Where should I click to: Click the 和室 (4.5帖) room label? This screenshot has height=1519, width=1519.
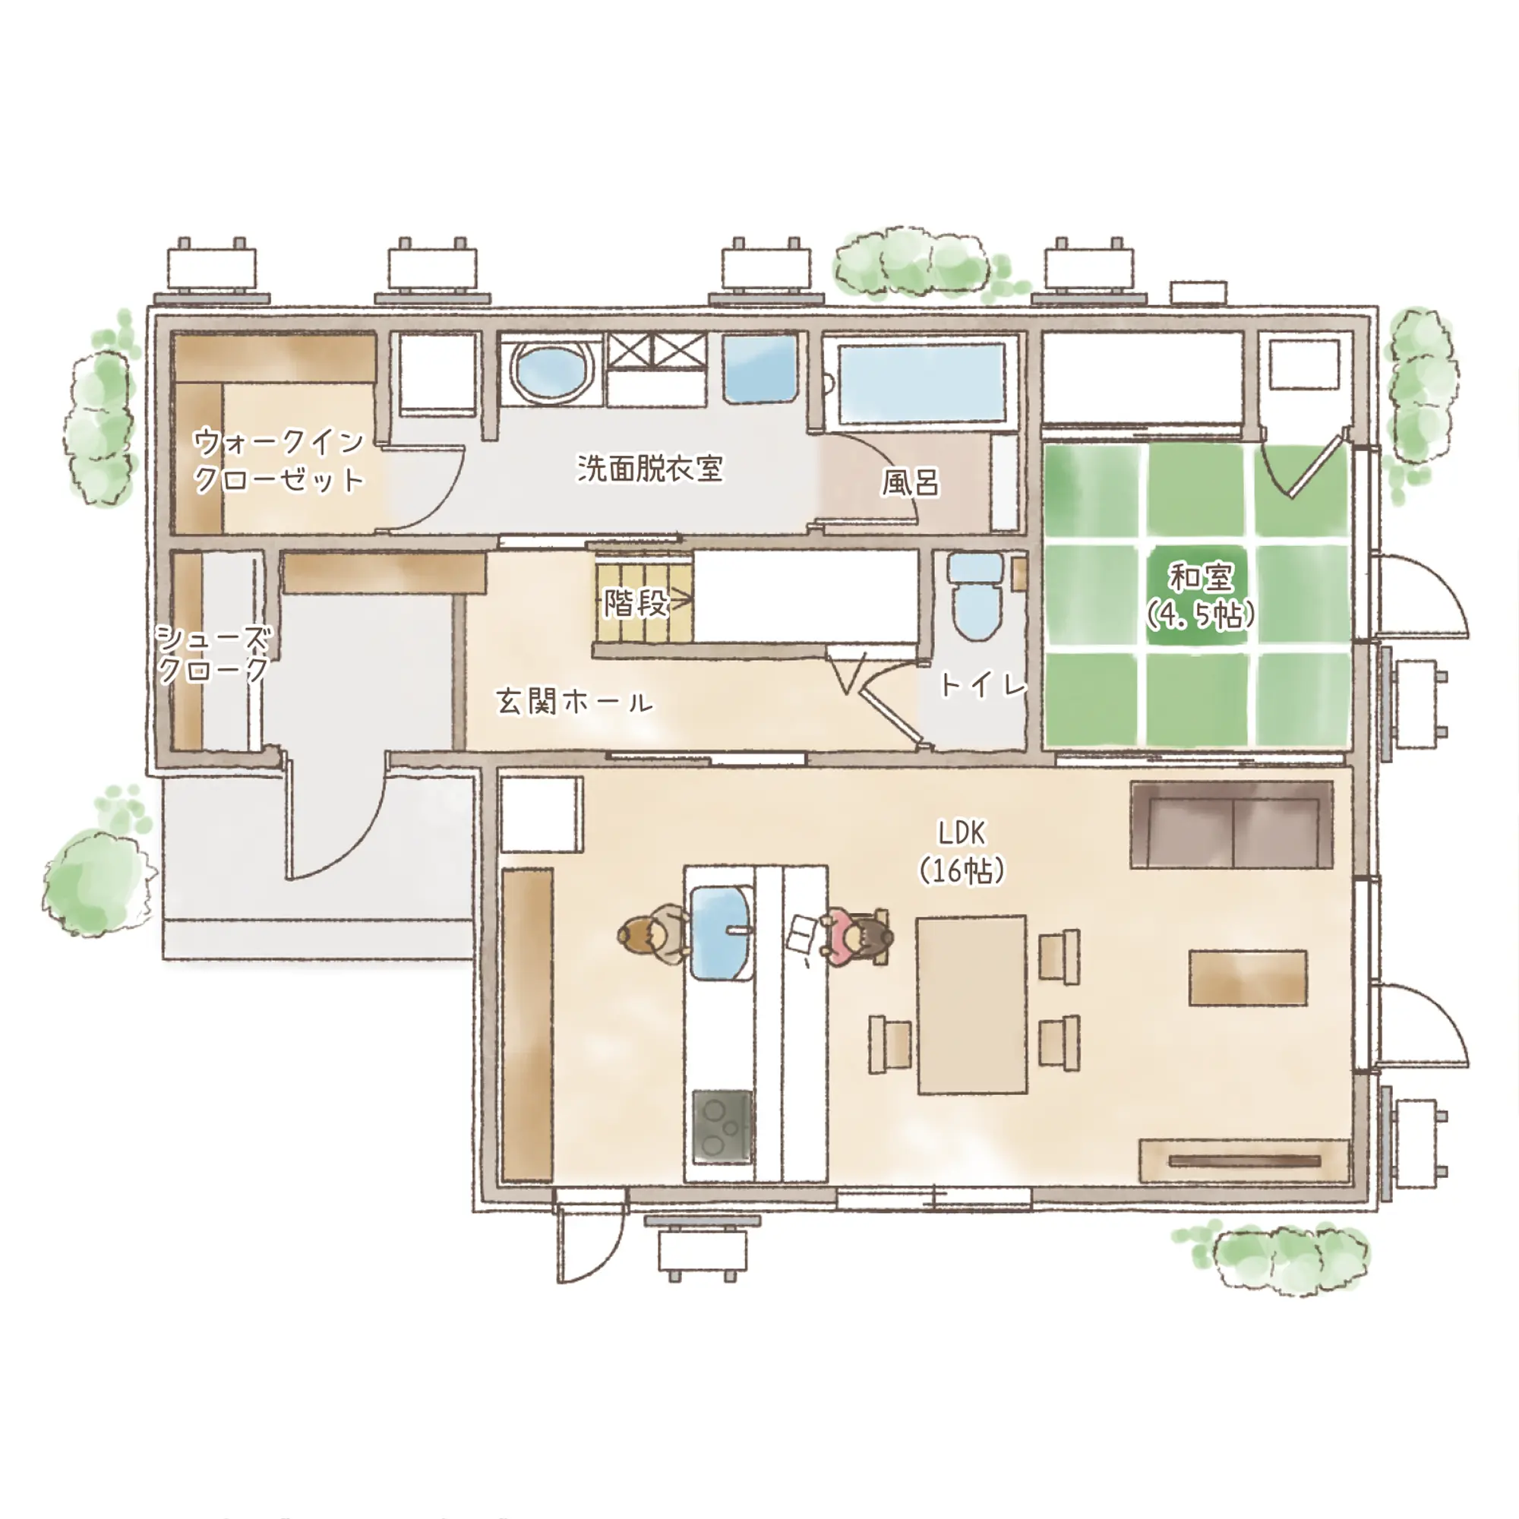point(1200,595)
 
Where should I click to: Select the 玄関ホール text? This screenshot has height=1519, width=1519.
point(574,701)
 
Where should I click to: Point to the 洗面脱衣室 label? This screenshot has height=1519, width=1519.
point(649,468)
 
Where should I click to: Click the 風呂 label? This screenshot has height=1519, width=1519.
point(910,482)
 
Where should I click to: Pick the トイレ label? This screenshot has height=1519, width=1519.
point(983,686)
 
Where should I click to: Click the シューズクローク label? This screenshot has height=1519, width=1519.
point(214,654)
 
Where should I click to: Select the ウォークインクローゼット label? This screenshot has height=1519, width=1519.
point(279,461)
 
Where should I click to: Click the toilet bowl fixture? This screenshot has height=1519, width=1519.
point(976,598)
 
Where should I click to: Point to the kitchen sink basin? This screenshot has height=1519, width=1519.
point(722,933)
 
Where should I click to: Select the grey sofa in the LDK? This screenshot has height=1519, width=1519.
point(1231,825)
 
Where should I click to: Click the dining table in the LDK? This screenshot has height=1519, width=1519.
point(972,1004)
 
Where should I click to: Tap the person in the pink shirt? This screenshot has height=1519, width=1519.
point(857,936)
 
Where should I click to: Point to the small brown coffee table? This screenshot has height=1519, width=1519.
point(1248,977)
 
